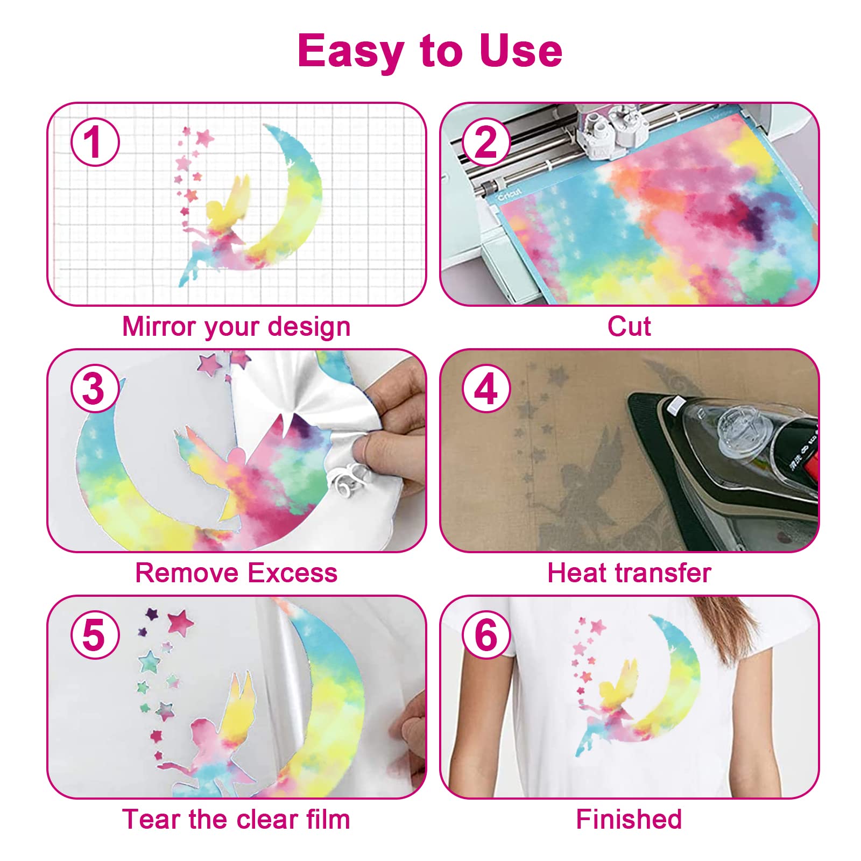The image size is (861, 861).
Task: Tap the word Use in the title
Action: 520,51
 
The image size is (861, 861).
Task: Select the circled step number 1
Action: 95,143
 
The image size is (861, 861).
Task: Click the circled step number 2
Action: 486,143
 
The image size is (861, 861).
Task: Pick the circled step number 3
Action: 95,389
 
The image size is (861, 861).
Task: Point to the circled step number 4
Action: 486,389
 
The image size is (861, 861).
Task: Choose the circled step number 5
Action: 95,636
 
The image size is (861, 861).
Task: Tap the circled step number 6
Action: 486,636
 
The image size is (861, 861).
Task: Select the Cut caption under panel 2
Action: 629,326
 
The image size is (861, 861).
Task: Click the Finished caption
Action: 629,819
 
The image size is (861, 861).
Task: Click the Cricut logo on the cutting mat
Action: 509,194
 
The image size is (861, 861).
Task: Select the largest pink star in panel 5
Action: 180,622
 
